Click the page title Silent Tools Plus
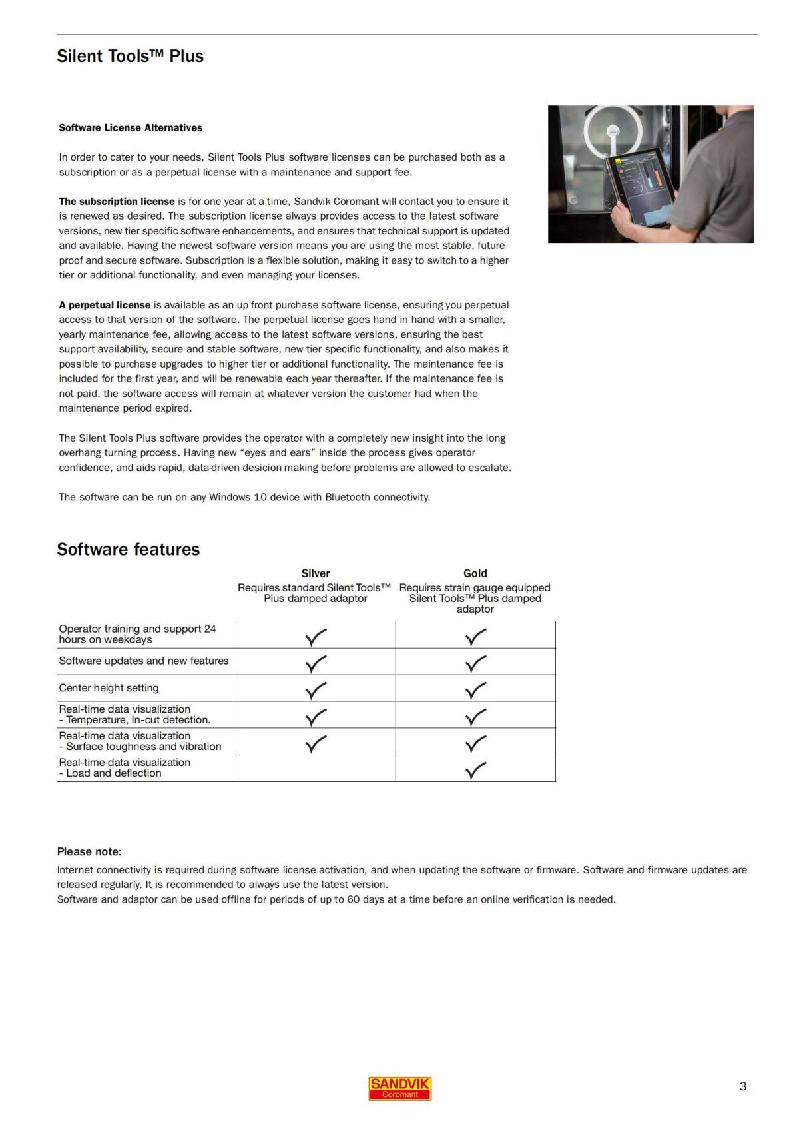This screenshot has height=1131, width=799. [130, 56]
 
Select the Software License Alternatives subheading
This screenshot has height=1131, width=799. [131, 127]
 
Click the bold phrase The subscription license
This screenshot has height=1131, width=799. [117, 201]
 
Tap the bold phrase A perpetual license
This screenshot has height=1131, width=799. [105, 305]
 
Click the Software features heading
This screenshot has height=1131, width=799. [128, 549]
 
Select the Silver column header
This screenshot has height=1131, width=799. [315, 573]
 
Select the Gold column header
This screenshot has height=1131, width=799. [475, 573]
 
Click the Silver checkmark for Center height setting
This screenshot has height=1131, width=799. [316, 690]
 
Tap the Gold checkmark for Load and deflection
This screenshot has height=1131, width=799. [475, 770]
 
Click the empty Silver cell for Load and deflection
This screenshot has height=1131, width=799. [316, 768]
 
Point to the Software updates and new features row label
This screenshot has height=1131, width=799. [143, 661]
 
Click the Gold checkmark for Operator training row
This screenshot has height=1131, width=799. [475, 637]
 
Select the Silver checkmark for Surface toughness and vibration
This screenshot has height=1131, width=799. [316, 743]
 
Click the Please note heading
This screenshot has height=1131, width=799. [89, 851]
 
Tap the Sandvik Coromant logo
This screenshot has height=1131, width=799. [400, 1088]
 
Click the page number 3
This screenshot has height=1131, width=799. [742, 1086]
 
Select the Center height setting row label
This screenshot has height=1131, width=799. [109, 688]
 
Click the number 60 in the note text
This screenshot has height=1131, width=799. [353, 899]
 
